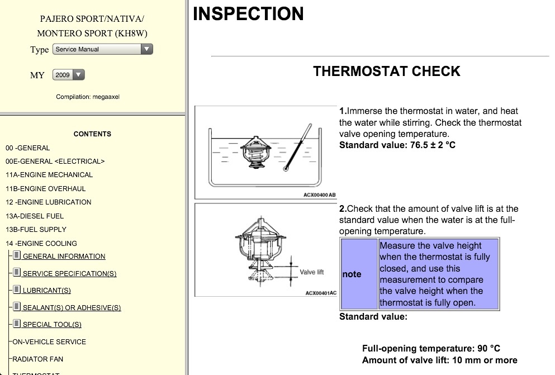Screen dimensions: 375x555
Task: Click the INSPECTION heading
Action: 248,14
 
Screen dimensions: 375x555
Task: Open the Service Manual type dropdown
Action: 102,49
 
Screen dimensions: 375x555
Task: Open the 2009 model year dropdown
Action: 69,75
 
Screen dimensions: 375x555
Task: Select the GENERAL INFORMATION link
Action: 64,257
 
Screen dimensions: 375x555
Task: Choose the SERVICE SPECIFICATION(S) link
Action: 69,274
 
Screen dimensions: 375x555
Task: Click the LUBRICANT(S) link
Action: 46,291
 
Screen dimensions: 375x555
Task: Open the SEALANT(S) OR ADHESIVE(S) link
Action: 72,308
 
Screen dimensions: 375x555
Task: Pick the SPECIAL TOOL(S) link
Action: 52,325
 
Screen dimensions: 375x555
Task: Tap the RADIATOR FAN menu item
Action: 37,359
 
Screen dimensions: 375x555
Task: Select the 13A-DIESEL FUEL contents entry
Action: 35,216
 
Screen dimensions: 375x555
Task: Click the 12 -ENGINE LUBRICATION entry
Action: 48,202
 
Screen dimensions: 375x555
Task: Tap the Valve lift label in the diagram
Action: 312,272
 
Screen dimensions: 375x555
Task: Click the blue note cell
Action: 359,274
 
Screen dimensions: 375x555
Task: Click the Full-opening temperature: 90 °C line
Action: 431,348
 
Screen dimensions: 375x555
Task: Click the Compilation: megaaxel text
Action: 88,97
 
